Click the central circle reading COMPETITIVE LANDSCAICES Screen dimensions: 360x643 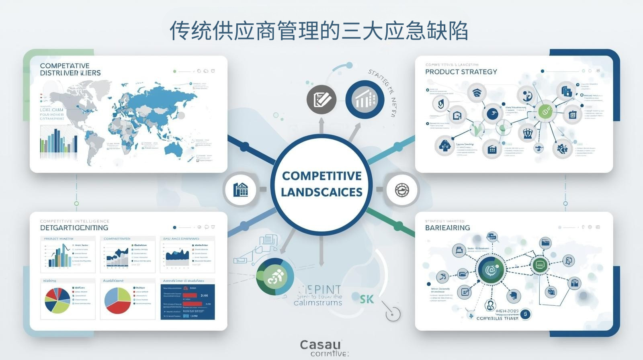(321, 184)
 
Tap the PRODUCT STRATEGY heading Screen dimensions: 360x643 (461, 72)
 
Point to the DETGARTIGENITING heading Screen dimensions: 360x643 (74, 228)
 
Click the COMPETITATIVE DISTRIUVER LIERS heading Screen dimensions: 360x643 (70, 69)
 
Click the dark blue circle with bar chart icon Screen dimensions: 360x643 (365, 99)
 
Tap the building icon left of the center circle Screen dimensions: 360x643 (240, 189)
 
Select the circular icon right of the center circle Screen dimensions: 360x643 (401, 189)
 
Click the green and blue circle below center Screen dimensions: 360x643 (275, 276)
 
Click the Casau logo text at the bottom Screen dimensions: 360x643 (320, 344)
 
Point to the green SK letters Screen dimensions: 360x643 (367, 299)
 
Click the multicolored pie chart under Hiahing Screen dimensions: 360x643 (57, 300)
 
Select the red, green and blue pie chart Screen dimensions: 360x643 (118, 301)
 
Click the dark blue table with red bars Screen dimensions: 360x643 (188, 302)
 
